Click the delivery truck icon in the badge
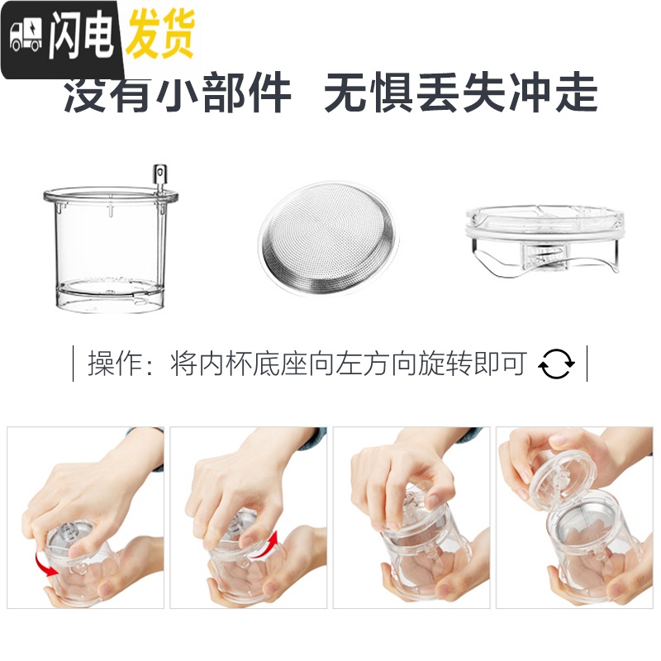(x=26, y=36)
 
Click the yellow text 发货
(x=159, y=35)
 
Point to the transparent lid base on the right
(x=545, y=240)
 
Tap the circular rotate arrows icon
(x=556, y=364)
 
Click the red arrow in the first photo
(x=40, y=566)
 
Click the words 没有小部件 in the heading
(x=178, y=93)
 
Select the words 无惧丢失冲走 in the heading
(x=460, y=93)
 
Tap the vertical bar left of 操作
(x=75, y=364)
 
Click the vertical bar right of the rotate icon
(x=587, y=364)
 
